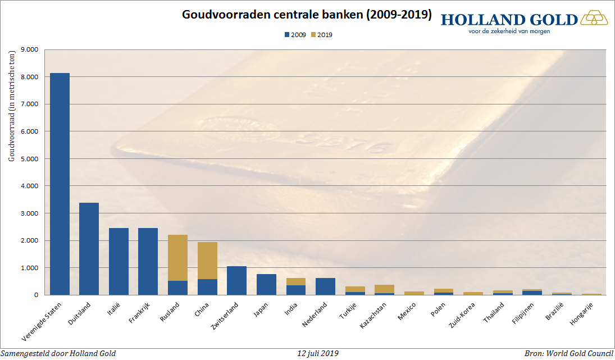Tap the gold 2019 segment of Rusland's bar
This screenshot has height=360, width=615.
point(178,258)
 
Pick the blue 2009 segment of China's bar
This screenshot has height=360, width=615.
point(207,287)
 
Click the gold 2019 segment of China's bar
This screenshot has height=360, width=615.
point(207,261)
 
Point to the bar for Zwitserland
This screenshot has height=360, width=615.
point(237,280)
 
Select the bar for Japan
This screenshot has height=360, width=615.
point(266,284)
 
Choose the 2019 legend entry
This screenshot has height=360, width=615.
point(322,35)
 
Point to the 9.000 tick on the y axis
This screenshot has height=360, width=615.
point(29,49)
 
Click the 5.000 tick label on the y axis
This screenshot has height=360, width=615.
point(29,159)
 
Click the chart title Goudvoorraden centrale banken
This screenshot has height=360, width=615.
point(307,15)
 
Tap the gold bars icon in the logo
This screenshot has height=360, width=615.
point(594,19)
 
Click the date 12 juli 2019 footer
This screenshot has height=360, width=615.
point(318,353)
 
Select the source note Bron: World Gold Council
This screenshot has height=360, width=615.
point(568,353)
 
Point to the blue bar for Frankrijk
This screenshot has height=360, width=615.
point(148,261)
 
